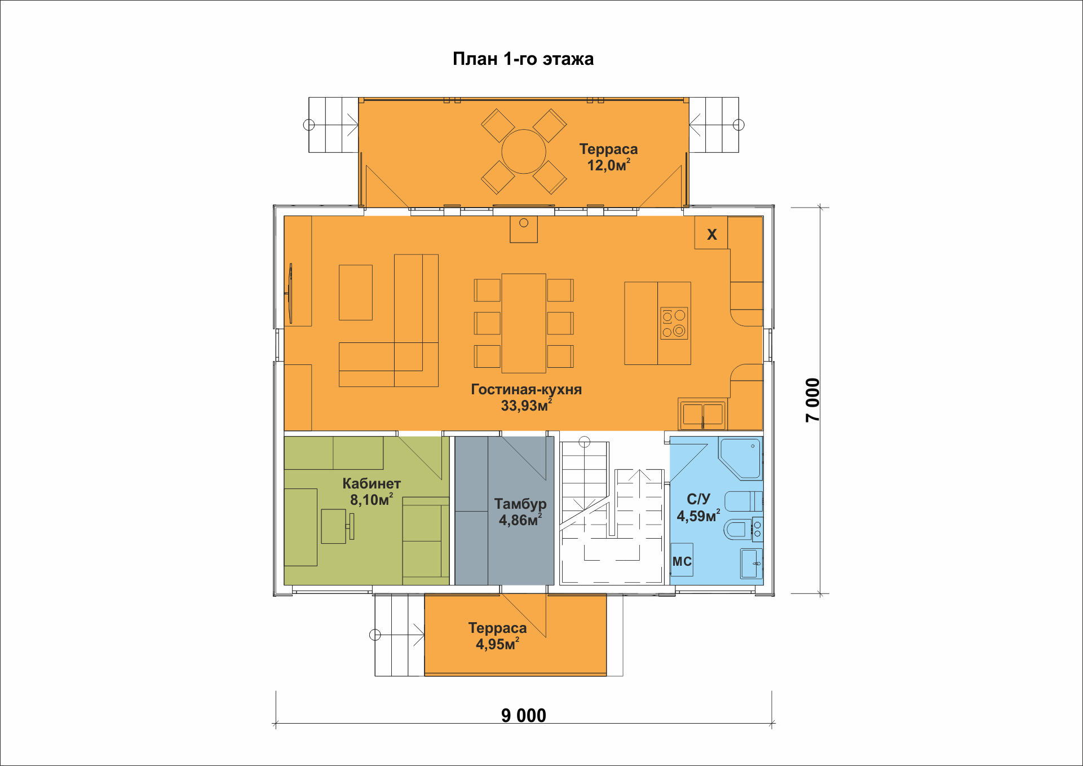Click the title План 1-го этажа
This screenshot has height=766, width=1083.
pyautogui.click(x=523, y=59)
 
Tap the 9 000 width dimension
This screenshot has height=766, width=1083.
pyautogui.click(x=524, y=715)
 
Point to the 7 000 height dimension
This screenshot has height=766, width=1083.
pyautogui.click(x=812, y=400)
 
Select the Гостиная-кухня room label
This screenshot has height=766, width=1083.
pyautogui.click(x=527, y=389)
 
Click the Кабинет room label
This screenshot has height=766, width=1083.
pyautogui.click(x=372, y=483)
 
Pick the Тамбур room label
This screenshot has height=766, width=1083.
pyautogui.click(x=520, y=504)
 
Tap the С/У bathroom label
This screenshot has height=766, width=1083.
pyautogui.click(x=699, y=499)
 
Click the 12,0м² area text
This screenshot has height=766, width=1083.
pyautogui.click(x=609, y=165)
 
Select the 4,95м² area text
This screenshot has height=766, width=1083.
pyautogui.click(x=497, y=644)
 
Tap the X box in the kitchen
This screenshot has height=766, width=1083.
pyautogui.click(x=711, y=232)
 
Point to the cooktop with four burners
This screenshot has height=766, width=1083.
pyautogui.click(x=674, y=323)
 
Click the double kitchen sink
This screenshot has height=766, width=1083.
pyautogui.click(x=702, y=415)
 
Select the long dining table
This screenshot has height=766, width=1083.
pyautogui.click(x=524, y=323)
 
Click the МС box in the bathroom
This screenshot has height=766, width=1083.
pyautogui.click(x=682, y=560)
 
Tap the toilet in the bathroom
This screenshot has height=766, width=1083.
pyautogui.click(x=739, y=529)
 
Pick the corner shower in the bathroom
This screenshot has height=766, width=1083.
pyautogui.click(x=740, y=458)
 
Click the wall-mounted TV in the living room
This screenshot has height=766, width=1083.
pyautogui.click(x=290, y=293)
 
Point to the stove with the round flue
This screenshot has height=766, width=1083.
pyautogui.click(x=524, y=229)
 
